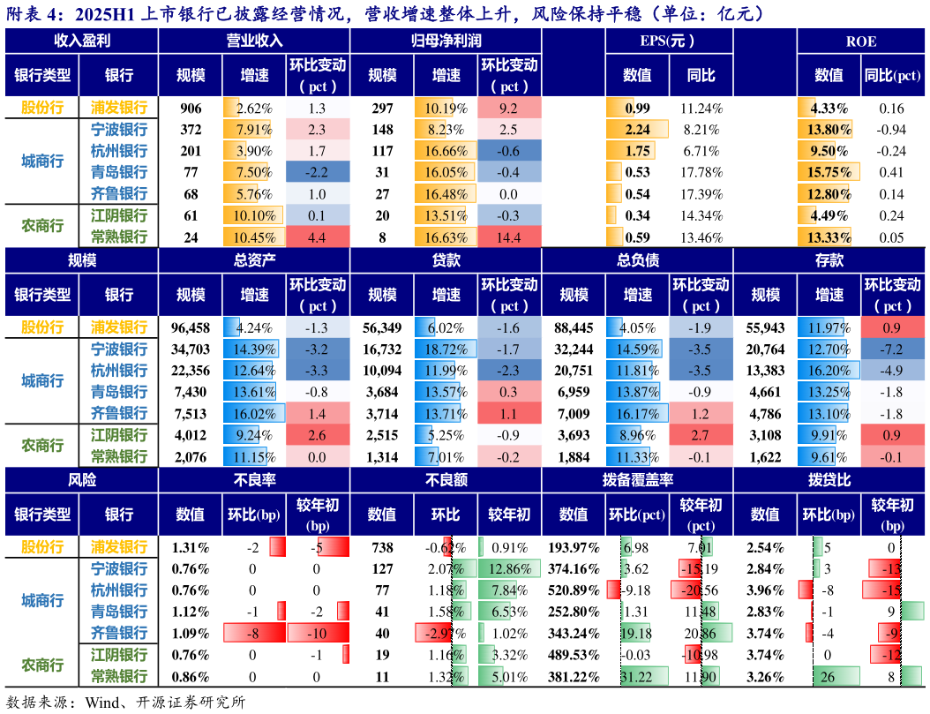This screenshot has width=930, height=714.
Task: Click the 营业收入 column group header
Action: [254, 41]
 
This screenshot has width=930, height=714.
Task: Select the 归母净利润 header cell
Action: [446, 41]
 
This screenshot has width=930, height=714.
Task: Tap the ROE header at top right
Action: [860, 41]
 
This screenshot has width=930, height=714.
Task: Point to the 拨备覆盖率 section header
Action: [636, 481]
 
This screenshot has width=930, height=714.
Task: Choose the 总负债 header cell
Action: [636, 261]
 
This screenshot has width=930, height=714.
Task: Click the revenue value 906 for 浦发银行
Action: [191, 109]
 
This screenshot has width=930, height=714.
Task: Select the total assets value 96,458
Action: [191, 328]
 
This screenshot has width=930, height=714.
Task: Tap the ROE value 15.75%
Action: [829, 173]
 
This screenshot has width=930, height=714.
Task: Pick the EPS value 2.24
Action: [637, 130]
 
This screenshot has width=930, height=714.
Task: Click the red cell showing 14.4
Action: [509, 237]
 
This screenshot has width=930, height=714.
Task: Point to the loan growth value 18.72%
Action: [446, 349]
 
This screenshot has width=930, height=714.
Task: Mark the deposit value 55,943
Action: [764, 328]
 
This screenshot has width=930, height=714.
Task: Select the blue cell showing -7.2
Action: [891, 349]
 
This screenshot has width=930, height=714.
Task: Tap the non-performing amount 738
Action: [381, 548]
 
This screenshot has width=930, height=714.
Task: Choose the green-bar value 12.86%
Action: [509, 569]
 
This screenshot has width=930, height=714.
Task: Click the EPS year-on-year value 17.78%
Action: [701, 173]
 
